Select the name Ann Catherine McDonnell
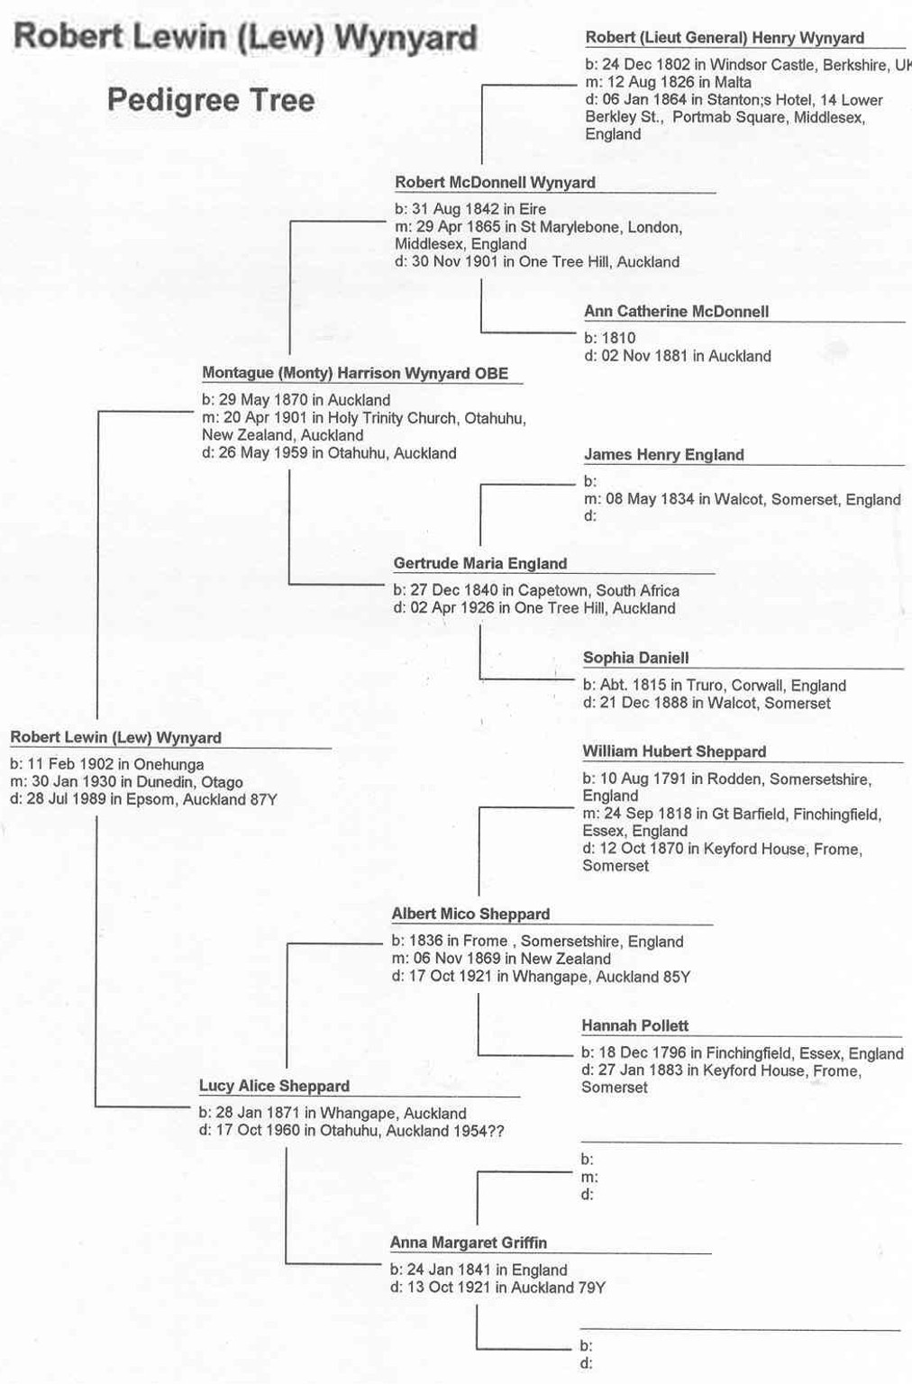tap(677, 312)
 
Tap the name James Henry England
tap(664, 455)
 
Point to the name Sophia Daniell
tap(636, 658)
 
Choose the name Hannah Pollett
tap(634, 1026)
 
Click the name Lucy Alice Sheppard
tap(274, 1086)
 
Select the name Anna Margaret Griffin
tap(469, 1243)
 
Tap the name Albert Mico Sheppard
tap(470, 915)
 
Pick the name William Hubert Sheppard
tap(674, 752)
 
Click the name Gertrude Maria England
tap(480, 564)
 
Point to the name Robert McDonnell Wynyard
tap(495, 183)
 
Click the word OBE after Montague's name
tap(492, 374)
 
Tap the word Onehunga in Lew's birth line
tap(169, 765)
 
